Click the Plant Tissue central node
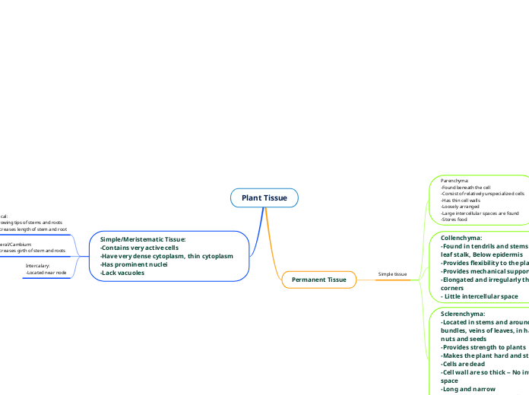pyautogui.click(x=264, y=198)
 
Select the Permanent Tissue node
pyautogui.click(x=318, y=280)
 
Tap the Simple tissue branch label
pyautogui.click(x=392, y=273)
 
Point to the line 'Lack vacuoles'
pyautogui.click(x=122, y=273)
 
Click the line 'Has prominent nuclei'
pyautogui.click(x=134, y=264)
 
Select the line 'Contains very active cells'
pyautogui.click(x=139, y=248)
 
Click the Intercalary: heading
pyautogui.click(x=38, y=265)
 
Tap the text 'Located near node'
pyautogui.click(x=46, y=272)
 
